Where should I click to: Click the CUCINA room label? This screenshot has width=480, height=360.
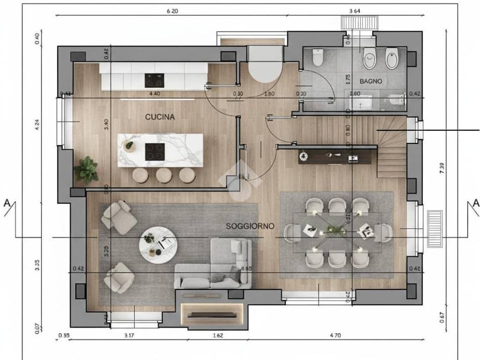160,117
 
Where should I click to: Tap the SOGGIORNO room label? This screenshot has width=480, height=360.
250,226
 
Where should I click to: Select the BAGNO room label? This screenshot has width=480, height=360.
371,81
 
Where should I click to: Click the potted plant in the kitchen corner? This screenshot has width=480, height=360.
86,170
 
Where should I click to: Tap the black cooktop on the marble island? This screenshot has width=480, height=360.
155,151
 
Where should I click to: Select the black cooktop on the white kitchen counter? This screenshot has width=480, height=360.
154,80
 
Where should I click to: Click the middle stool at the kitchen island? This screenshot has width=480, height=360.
164,175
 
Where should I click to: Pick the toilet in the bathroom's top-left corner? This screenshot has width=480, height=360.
317,58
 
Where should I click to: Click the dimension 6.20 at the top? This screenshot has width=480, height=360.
172,11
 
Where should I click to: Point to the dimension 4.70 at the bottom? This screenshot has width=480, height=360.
336,336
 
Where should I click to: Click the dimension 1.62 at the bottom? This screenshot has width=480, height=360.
217,336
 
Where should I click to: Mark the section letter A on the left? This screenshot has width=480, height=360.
7,203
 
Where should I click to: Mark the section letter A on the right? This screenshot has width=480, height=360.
476,203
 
